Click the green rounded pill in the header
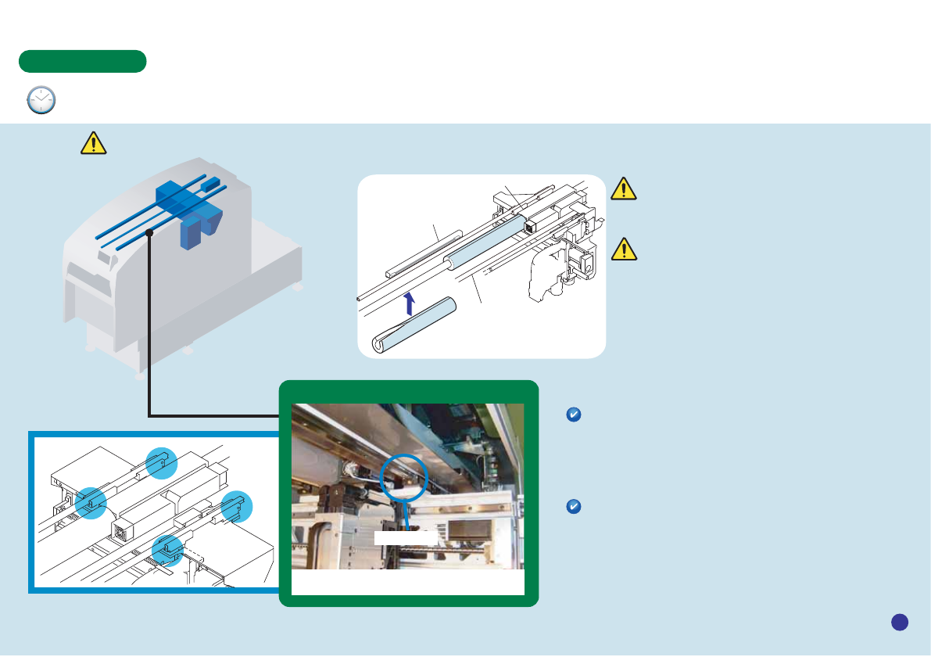click(x=83, y=61)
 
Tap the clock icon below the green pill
click(x=41, y=101)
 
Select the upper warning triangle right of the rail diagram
click(x=623, y=188)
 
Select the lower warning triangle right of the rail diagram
click(x=623, y=248)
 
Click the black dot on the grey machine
click(x=149, y=232)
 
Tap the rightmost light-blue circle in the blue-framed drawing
click(x=236, y=508)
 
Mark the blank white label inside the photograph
click(x=405, y=537)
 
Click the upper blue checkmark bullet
click(x=572, y=415)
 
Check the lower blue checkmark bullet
click(x=572, y=508)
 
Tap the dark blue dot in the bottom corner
click(x=900, y=622)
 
